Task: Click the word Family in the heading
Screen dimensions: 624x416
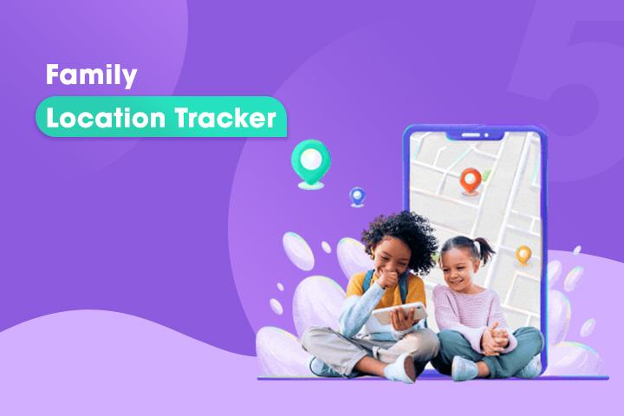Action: tap(91, 75)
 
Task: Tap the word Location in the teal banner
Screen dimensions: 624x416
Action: tap(106, 118)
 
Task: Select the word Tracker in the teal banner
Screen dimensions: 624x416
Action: tap(225, 118)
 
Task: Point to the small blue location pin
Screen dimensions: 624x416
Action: tap(357, 197)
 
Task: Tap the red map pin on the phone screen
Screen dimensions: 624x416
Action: tap(471, 181)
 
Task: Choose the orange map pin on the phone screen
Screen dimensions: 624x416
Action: tap(523, 255)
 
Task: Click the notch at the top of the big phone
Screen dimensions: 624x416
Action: tap(475, 135)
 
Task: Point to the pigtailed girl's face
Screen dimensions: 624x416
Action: tap(458, 270)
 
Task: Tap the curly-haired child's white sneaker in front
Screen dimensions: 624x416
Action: tap(400, 369)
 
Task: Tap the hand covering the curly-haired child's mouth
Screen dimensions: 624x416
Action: tap(387, 279)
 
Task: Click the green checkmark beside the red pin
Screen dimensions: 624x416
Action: tap(486, 174)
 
